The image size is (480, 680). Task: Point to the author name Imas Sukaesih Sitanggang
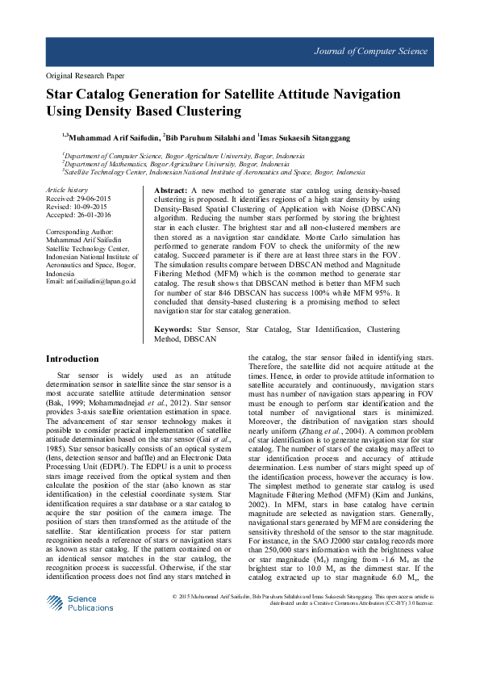(307, 138)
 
